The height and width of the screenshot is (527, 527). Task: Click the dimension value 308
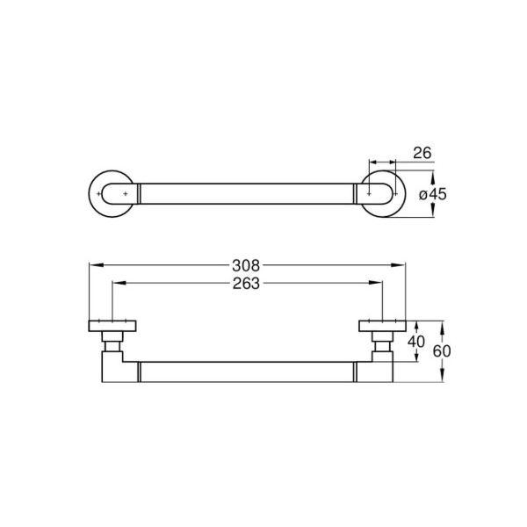(246, 266)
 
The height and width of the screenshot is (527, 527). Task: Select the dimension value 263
(246, 284)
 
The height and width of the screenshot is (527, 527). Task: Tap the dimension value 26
(422, 153)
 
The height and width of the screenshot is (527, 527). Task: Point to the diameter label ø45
(433, 194)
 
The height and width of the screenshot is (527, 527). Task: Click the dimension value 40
(416, 342)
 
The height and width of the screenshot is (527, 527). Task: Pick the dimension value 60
(442, 351)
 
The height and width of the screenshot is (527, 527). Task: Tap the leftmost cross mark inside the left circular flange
(98, 194)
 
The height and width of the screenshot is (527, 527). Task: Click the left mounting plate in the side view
(112, 326)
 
